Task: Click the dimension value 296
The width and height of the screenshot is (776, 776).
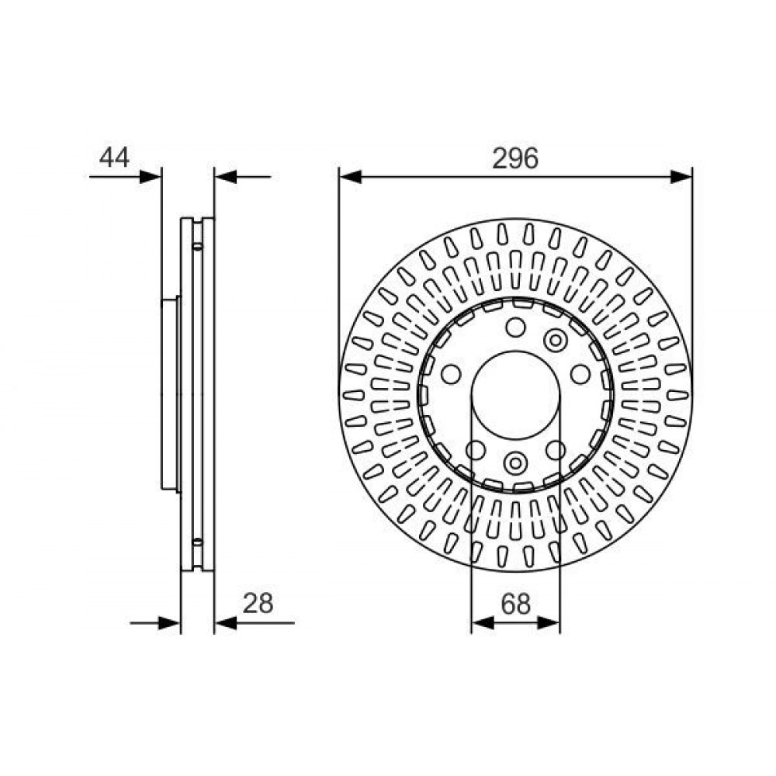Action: click(x=514, y=158)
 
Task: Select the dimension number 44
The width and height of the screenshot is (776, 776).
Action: click(x=114, y=158)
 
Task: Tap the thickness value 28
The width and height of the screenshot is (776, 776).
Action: click(x=258, y=603)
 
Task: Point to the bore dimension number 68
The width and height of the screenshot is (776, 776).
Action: click(x=516, y=604)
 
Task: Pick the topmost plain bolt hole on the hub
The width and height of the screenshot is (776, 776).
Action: click(x=516, y=327)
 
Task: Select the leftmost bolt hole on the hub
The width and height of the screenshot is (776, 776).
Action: click(x=451, y=374)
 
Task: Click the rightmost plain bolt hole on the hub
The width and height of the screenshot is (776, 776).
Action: click(x=580, y=374)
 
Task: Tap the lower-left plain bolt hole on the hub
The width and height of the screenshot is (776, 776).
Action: click(x=476, y=450)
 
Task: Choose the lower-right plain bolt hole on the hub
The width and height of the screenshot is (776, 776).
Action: click(x=556, y=450)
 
